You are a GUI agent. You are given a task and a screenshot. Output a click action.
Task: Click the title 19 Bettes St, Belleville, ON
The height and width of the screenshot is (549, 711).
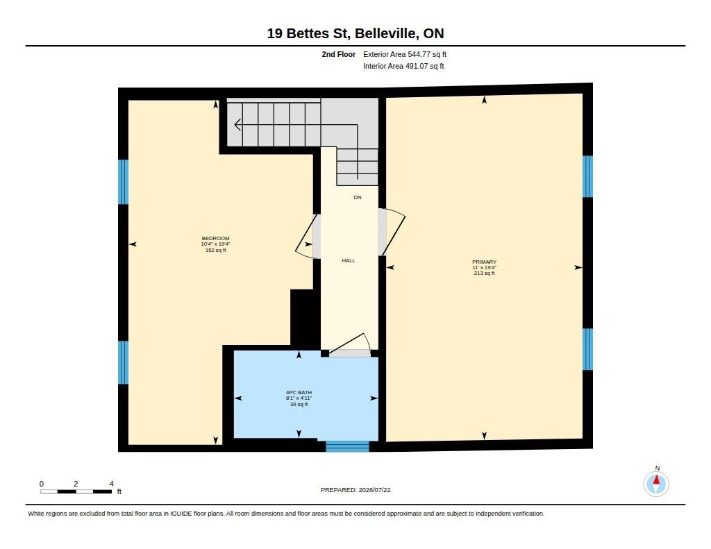[x=355, y=33]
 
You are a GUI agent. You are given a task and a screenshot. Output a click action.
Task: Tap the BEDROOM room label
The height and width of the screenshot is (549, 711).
[x=215, y=239]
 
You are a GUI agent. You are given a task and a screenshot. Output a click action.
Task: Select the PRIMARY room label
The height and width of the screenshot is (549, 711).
[x=484, y=262]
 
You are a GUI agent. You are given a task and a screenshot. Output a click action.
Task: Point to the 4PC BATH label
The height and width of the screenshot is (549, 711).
[x=299, y=393]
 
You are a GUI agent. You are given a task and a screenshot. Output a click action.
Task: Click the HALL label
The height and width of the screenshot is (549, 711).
[x=349, y=261]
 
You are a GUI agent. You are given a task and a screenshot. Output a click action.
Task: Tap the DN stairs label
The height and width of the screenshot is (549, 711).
[x=358, y=198]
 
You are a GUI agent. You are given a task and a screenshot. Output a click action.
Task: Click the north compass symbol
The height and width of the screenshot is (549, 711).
[x=656, y=484]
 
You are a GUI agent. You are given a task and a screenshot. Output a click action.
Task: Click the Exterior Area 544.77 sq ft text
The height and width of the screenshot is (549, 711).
[x=405, y=54]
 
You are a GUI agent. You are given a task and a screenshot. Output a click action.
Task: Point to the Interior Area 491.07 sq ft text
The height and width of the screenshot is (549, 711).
[x=403, y=66]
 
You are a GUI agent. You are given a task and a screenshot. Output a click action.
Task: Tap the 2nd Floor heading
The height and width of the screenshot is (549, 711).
[x=338, y=54]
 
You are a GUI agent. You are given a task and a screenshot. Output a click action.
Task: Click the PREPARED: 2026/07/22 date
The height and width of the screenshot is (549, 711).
[x=355, y=490]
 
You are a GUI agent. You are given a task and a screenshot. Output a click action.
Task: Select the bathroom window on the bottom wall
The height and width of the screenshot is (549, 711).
[x=347, y=446]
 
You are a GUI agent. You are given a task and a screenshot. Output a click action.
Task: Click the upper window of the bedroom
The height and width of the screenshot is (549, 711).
[x=123, y=182]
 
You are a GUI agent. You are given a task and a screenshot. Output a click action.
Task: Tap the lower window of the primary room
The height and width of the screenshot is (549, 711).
[x=587, y=349]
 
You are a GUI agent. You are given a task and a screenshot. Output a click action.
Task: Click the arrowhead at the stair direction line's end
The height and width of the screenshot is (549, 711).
[x=237, y=124]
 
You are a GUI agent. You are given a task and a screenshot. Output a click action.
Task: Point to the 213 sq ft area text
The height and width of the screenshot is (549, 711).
[x=484, y=273]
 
